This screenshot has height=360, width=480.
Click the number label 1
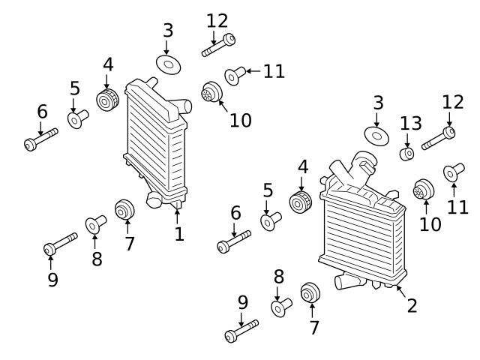[178, 235]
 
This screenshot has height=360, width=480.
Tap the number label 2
[411, 305]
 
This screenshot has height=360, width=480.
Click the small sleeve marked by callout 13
[406, 154]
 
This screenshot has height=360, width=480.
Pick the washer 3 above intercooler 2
[376, 135]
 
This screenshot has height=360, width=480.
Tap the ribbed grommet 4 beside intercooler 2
[301, 202]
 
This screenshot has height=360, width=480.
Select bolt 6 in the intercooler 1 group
[40, 141]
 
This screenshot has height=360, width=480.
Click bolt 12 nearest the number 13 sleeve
[439, 139]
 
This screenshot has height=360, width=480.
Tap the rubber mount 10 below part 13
[424, 190]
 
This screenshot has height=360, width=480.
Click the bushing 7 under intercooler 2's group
[310, 293]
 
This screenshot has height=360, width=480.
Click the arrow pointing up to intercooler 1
[178, 215]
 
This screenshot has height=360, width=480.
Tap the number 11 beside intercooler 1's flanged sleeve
[274, 71]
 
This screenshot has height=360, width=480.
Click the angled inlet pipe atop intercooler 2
[352, 172]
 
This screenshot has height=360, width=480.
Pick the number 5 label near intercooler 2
[268, 190]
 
